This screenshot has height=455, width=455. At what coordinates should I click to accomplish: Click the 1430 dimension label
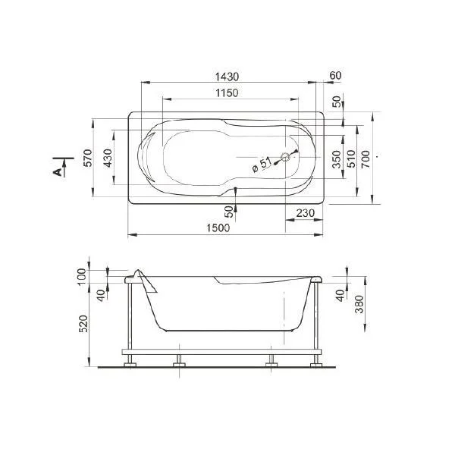[227, 77]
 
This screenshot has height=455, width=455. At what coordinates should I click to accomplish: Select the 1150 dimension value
[227, 93]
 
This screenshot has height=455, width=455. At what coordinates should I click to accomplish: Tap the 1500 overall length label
[218, 227]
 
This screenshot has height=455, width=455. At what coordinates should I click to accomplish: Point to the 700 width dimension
[366, 158]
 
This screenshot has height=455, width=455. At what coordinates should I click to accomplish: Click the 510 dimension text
[351, 158]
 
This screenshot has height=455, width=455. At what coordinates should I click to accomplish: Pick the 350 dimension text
[337, 159]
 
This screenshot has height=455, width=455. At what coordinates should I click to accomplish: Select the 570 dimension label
[88, 158]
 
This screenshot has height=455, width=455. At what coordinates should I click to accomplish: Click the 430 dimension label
[108, 158]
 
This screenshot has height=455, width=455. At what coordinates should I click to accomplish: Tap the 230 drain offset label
[306, 213]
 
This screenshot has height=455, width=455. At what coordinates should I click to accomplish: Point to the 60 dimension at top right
[336, 75]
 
